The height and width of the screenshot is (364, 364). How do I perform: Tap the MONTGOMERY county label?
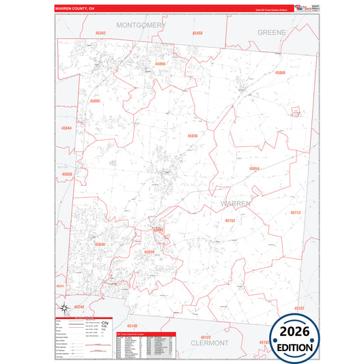tap(141, 25)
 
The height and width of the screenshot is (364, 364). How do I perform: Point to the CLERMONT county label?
tap(210, 343)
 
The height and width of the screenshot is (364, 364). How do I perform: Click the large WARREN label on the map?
tap(235, 204)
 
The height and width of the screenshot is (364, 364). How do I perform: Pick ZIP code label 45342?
tap(100, 33)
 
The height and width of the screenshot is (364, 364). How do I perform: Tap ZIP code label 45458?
tap(197, 33)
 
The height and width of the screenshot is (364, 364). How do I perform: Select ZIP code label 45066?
tap(160, 64)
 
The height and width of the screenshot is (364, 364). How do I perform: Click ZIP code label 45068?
tap(280, 72)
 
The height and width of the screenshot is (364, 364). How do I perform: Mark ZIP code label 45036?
tap(193, 136)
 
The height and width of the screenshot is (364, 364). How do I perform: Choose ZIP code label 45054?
tap(254, 168)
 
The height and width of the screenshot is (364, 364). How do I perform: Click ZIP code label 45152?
tap(229, 221)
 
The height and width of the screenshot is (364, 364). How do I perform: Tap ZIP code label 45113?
tap(295, 213)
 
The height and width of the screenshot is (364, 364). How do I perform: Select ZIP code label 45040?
tap(100, 244)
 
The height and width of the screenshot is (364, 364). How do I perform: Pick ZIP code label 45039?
tap(149, 252)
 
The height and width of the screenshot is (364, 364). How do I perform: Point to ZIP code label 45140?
tap(132, 326)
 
